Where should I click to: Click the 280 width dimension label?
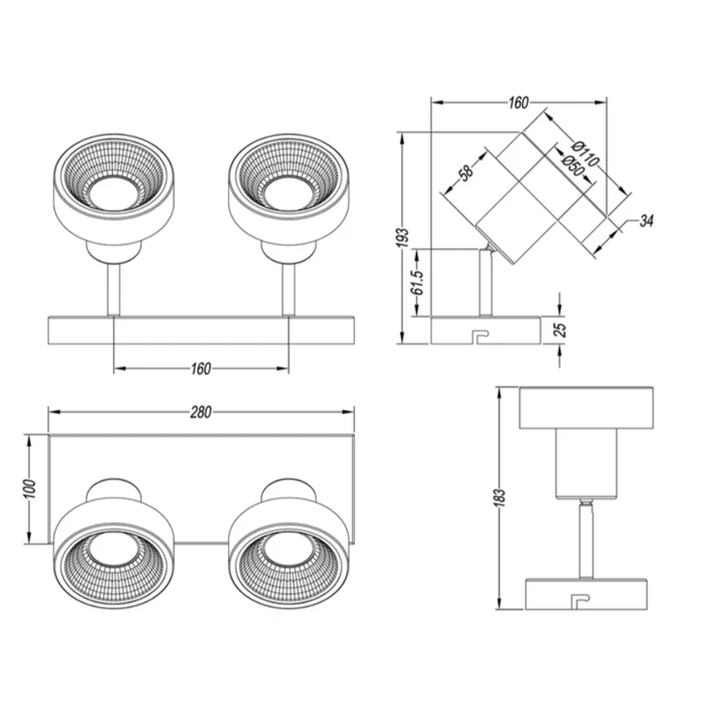[x=201, y=412]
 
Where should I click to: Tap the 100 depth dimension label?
[x=29, y=489]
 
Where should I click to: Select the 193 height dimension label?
[x=403, y=237]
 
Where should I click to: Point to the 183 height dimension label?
[x=499, y=498]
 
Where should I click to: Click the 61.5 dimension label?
[x=417, y=282]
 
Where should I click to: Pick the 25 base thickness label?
[x=560, y=330]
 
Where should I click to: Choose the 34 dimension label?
[x=647, y=221]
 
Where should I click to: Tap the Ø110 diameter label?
[x=585, y=152]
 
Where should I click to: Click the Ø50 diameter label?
[x=573, y=165]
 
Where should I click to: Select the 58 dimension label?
[x=467, y=173]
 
